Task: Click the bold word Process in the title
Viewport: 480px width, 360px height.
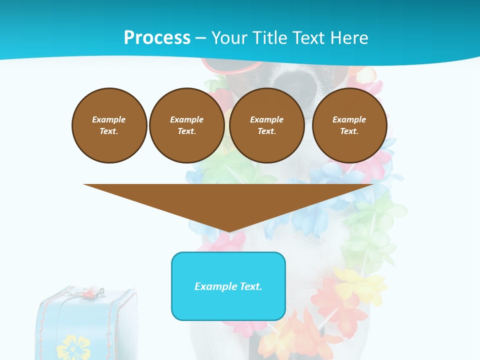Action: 157,37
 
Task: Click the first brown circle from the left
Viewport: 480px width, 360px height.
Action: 109,125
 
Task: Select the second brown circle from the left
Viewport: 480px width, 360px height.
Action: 186,125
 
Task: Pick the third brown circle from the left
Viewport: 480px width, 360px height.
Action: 266,125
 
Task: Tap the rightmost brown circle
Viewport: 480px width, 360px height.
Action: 349,125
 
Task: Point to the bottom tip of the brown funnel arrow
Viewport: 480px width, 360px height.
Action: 228,231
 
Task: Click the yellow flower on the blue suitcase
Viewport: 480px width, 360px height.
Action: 73,347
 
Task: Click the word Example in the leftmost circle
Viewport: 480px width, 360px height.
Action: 109,119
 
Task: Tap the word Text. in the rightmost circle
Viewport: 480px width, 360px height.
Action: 349,131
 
